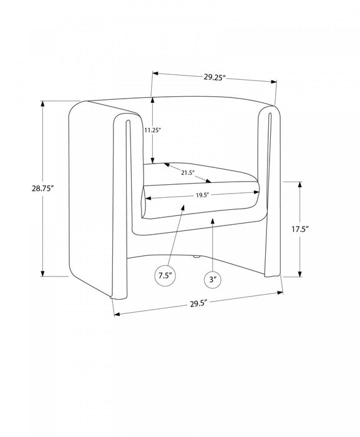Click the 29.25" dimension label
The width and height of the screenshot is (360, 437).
[214, 77]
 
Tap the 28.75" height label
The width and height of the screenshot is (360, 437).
[42, 189]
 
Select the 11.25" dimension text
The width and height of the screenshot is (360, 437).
[153, 130]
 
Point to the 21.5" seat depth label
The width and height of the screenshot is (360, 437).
[188, 173]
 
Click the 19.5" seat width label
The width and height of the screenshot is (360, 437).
[202, 195]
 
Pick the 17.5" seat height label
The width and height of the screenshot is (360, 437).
[300, 229]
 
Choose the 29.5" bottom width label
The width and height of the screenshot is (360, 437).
[199, 303]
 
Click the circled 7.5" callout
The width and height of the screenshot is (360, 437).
[165, 276]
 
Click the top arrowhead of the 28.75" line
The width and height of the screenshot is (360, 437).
[42, 104]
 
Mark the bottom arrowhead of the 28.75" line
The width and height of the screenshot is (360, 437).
[42, 273]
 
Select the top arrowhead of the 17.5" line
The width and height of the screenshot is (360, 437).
[300, 185]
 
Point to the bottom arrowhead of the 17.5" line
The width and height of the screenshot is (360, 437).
[300, 274]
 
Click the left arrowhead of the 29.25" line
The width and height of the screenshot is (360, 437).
[155, 74]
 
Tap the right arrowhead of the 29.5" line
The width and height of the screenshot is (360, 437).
[280, 292]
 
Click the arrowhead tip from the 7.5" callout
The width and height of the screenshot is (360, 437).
[183, 205]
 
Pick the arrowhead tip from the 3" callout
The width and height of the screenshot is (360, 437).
[213, 219]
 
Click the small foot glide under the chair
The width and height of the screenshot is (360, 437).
[196, 257]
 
